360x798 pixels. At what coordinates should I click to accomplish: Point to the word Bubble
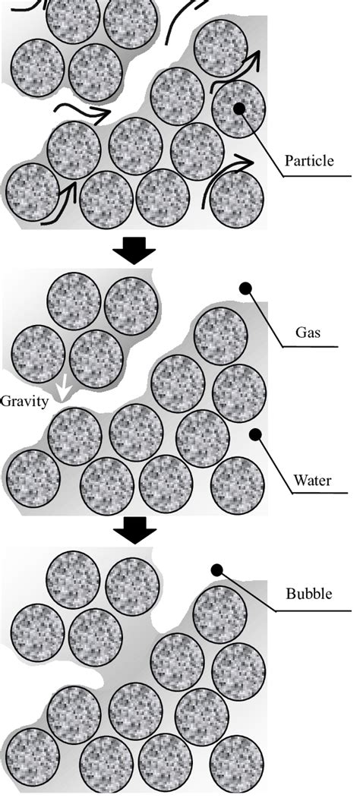(x=309, y=593)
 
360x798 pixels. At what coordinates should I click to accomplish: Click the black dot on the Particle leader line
(x=239, y=109)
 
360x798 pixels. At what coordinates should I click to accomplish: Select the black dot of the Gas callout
(x=245, y=289)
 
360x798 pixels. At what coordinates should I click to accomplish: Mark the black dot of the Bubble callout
(x=217, y=569)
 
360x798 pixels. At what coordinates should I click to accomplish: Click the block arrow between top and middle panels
(x=135, y=251)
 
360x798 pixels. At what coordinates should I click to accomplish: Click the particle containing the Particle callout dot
(x=238, y=109)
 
